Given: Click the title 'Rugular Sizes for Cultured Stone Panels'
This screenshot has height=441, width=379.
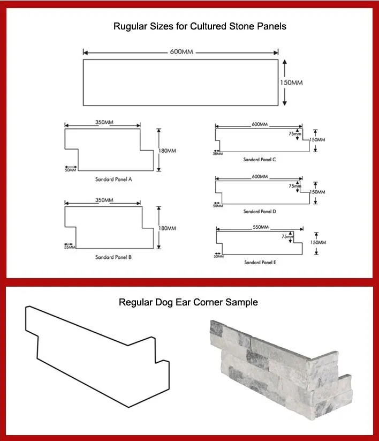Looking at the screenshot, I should click(x=200, y=26).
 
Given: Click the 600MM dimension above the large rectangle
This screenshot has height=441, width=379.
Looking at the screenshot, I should click(x=181, y=52).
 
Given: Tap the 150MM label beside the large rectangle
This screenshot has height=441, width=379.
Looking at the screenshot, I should click(x=292, y=83).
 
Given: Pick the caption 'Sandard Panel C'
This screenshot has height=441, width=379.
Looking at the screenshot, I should click(x=260, y=159).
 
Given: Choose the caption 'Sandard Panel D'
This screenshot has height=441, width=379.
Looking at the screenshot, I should click(x=260, y=211).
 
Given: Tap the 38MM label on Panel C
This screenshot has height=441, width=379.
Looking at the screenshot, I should click(x=217, y=153).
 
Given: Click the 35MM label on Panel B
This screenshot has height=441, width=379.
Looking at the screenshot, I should click(x=70, y=247).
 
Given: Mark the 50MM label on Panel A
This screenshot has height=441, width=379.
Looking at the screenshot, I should click(x=70, y=170).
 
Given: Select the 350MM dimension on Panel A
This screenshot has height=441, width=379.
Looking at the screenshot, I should click(x=104, y=123).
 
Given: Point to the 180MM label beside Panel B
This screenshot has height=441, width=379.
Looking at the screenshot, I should click(x=167, y=228).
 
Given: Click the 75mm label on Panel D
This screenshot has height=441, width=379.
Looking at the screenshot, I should click(x=294, y=186).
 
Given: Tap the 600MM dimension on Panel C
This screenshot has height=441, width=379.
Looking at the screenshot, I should click(x=260, y=124).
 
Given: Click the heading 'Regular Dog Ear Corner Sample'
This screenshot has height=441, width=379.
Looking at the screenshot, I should click(x=188, y=302).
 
